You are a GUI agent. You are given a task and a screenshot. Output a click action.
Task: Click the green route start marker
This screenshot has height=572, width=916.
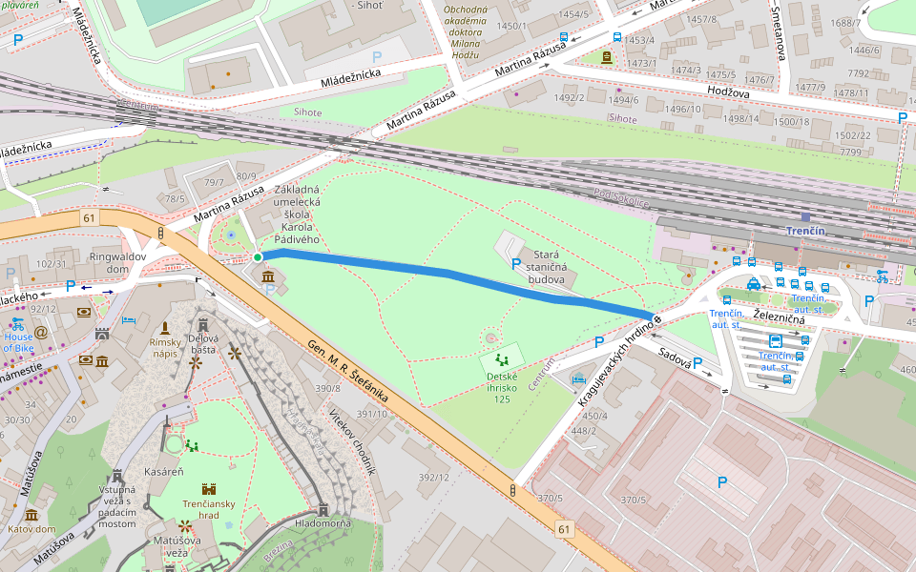tap(258, 256)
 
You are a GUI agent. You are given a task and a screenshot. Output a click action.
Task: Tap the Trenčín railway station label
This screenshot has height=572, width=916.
tap(804, 232)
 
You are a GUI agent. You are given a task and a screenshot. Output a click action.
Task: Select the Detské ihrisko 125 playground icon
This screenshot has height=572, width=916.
tap(502, 360)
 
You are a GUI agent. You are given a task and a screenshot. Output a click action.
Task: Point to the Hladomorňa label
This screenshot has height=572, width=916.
tap(323, 523)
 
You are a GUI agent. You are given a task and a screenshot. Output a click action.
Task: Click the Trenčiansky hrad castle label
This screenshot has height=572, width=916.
tap(208, 508)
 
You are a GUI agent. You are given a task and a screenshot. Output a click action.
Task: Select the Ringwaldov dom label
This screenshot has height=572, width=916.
tap(116, 262)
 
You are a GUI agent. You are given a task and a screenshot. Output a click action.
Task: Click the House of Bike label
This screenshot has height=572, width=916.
tap(18, 342)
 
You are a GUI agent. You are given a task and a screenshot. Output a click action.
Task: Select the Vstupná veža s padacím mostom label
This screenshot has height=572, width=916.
tap(117, 506)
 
